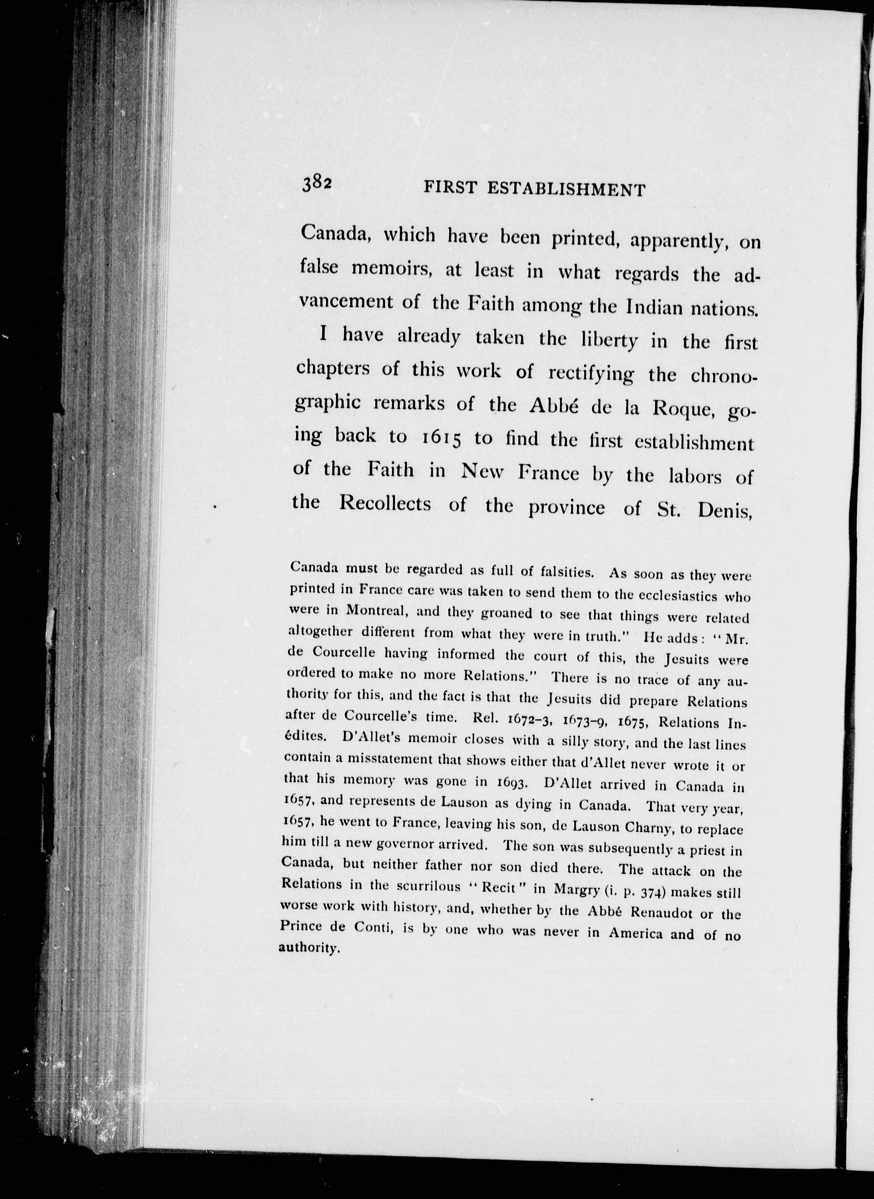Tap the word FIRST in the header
coord(449,188)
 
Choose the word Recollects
coord(385,503)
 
